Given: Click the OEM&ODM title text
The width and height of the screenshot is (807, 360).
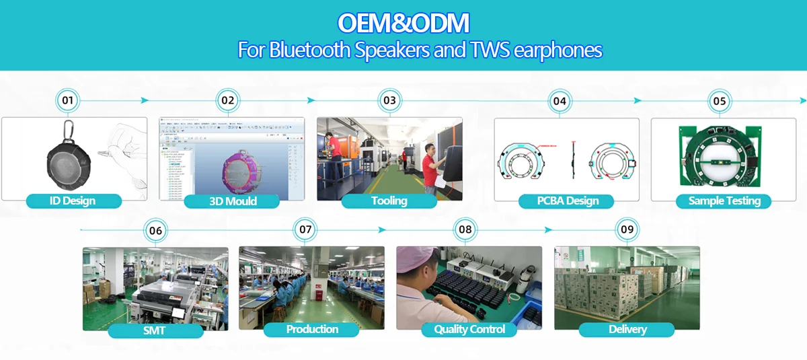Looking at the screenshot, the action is (403, 23).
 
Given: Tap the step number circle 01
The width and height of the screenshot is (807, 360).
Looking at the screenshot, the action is (67, 101).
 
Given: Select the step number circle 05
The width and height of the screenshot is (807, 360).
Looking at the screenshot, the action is (720, 101).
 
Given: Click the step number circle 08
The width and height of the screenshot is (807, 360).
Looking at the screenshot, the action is (465, 229).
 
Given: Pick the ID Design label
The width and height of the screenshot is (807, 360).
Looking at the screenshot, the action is (73, 201).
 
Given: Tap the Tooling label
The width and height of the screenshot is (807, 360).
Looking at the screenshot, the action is (389, 201).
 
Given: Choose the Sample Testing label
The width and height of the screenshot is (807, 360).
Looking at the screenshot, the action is (724, 201).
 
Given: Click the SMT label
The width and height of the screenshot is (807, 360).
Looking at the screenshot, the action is (154, 330).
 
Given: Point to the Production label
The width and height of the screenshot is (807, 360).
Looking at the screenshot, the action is (312, 329).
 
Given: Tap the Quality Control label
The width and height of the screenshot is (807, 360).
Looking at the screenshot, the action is (469, 329).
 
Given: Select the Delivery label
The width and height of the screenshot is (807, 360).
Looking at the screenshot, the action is (627, 329).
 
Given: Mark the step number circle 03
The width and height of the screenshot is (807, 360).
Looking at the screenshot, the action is (389, 101).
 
